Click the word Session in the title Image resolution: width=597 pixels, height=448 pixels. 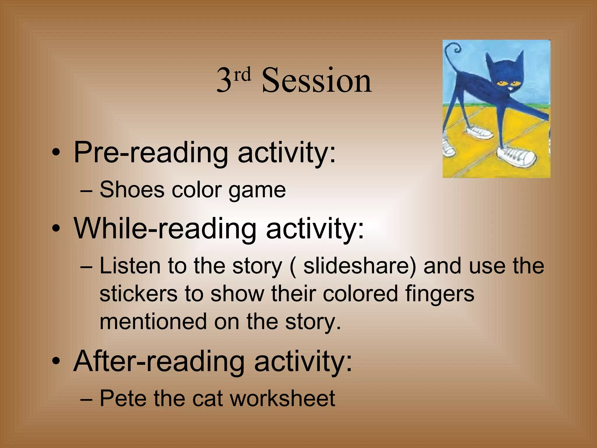[317, 80]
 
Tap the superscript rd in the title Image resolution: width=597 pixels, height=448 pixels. [243, 75]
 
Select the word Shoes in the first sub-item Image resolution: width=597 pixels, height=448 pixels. [132, 190]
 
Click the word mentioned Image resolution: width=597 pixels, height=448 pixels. [153, 321]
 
